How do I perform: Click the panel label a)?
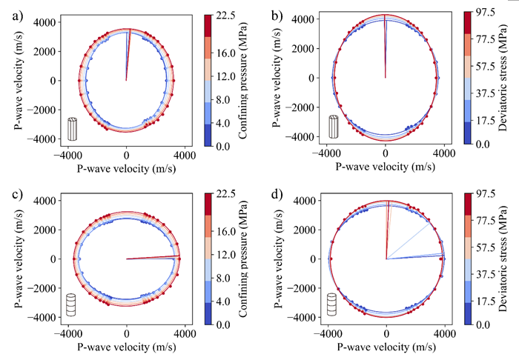(x=10, y=14)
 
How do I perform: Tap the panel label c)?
(x=10, y=193)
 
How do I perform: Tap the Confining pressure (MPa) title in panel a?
(x=244, y=79)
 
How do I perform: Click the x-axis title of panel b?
(x=386, y=167)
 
